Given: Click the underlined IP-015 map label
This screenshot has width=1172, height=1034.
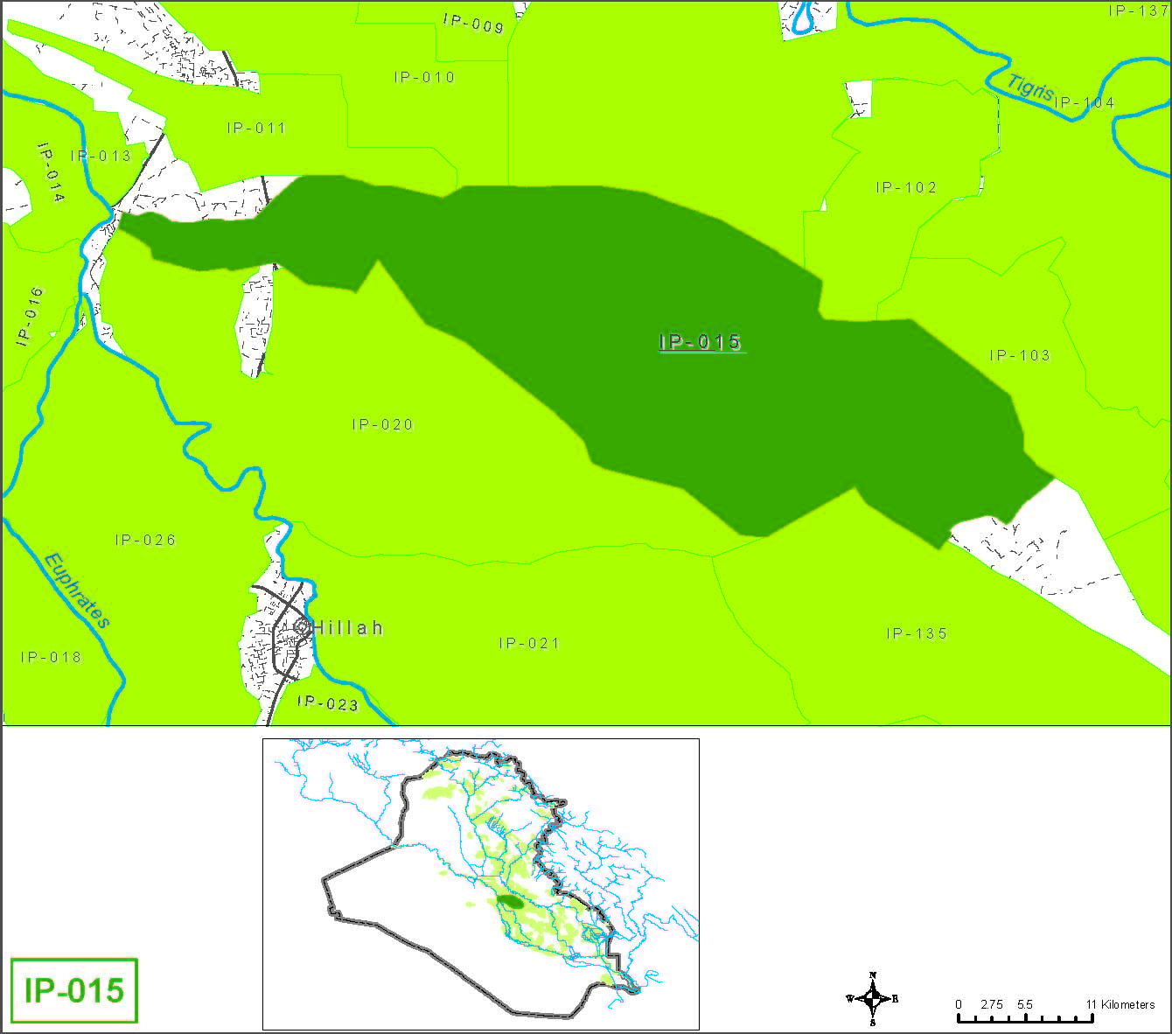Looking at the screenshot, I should [701, 342].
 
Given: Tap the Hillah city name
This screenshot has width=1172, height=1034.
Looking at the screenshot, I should [348, 628].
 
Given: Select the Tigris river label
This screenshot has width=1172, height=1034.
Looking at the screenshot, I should [1030, 88].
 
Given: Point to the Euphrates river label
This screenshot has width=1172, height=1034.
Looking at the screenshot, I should [77, 590].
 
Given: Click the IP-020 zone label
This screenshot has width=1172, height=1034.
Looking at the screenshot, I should [382, 425].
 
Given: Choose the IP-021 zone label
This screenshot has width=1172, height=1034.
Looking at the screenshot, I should [529, 644].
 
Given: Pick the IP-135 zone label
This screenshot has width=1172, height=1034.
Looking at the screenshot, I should [917, 634].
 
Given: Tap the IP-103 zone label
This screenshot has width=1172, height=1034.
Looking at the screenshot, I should [1020, 356].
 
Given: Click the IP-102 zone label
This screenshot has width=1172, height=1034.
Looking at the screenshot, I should [906, 188].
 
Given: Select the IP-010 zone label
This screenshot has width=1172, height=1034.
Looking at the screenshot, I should [425, 78].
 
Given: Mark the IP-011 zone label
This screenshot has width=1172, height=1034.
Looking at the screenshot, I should [257, 129].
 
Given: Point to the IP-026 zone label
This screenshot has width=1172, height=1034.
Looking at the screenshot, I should [146, 541].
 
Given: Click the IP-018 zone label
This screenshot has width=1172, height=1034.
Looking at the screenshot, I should [52, 658].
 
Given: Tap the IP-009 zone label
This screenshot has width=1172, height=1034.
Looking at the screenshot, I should [473, 24].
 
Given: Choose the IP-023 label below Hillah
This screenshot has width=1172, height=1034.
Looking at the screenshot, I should [328, 702].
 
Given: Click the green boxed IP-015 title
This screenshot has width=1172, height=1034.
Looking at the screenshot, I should [74, 991].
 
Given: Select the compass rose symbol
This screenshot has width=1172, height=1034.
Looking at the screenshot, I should [872, 998].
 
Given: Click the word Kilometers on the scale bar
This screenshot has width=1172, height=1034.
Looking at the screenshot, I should [1127, 1004].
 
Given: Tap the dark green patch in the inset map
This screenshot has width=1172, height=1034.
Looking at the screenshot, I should [509, 902].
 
